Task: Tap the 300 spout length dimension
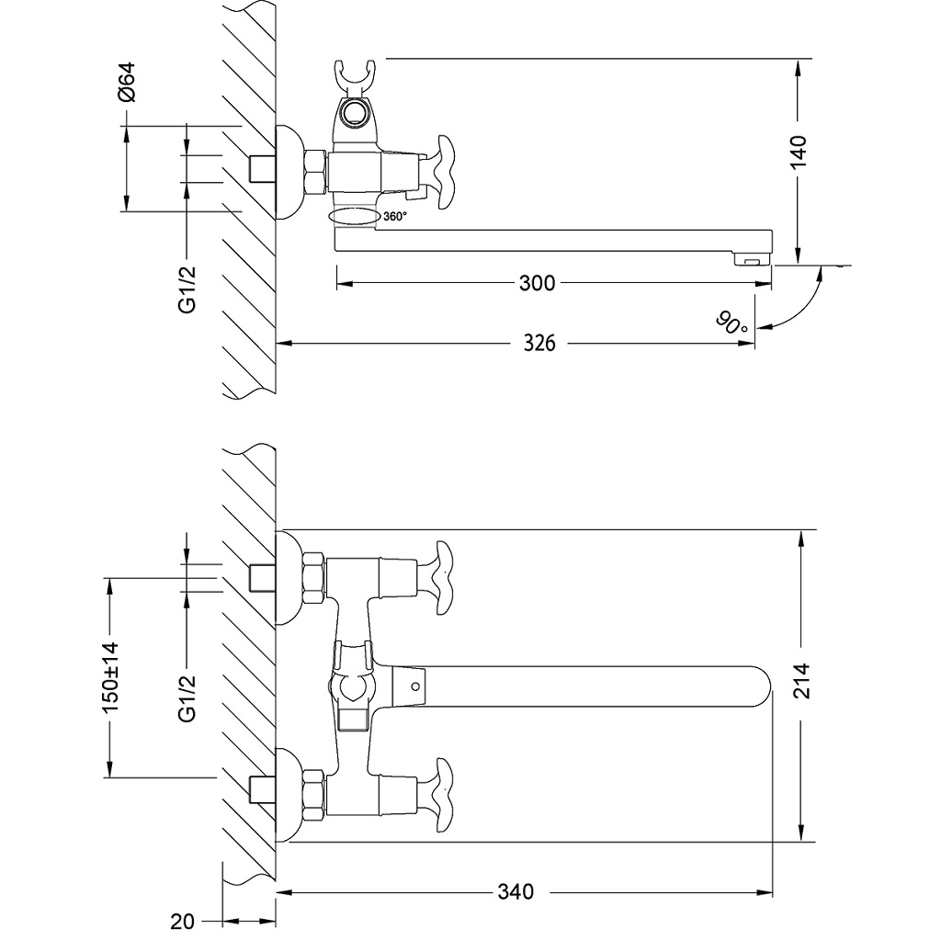(x=537, y=283)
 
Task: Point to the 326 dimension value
(x=539, y=343)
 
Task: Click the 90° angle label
(x=732, y=323)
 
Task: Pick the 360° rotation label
(x=395, y=217)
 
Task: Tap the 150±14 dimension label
(x=111, y=677)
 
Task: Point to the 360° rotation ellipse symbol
(x=353, y=217)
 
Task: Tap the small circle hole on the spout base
(x=415, y=685)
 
